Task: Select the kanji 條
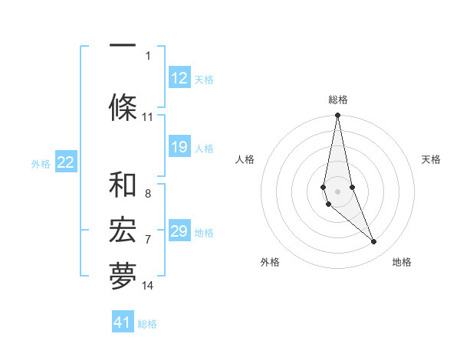coord(123,107)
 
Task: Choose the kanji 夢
coord(123,277)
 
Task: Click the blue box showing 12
coord(179,78)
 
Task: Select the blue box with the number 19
coord(179,147)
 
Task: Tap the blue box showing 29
coord(179,231)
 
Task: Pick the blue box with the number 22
coord(66,162)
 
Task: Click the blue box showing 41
coord(123,322)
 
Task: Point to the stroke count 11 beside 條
coord(148,117)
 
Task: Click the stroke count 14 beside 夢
coord(148,286)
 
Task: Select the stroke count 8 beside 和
coord(148,194)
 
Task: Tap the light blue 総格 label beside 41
coord(147,323)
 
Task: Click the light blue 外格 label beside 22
coord(41,163)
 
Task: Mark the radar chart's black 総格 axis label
coord(338,100)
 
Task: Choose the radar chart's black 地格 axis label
coord(402,262)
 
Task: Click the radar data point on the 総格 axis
coord(338,116)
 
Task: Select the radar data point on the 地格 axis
coord(374,242)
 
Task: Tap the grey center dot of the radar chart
coord(338,191)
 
